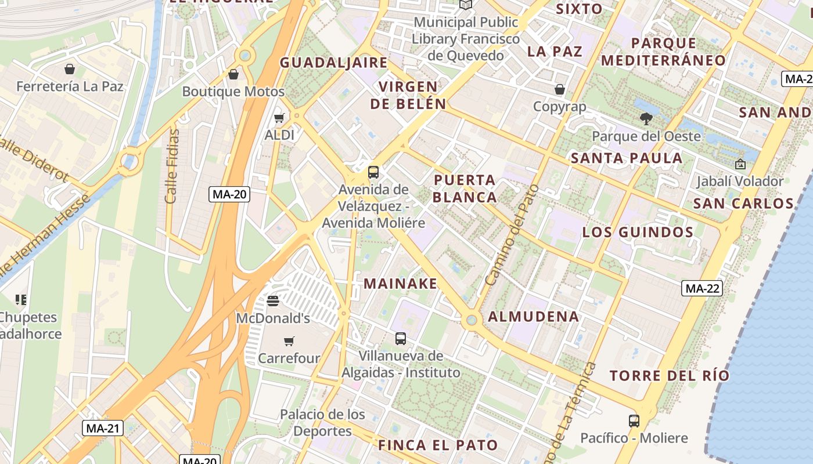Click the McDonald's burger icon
[x=272, y=301]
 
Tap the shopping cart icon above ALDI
[x=279, y=118]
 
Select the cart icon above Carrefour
[x=289, y=341]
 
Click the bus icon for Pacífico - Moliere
[x=634, y=420]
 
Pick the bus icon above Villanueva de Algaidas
[x=400, y=339]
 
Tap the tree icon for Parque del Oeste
[x=646, y=119]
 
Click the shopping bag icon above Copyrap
[x=560, y=89]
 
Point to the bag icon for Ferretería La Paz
[x=70, y=70]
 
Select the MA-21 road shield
[x=103, y=429]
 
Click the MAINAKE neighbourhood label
[x=400, y=284]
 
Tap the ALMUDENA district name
[x=534, y=317]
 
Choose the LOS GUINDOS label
[x=638, y=233]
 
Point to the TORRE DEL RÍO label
[x=669, y=375]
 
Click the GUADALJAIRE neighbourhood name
[x=333, y=63]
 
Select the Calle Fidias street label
[x=172, y=166]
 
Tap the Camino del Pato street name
[x=512, y=234]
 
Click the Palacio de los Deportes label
[x=322, y=423]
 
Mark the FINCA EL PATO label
[x=438, y=445]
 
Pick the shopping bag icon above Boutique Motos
[x=233, y=74]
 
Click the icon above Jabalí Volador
[x=740, y=164]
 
